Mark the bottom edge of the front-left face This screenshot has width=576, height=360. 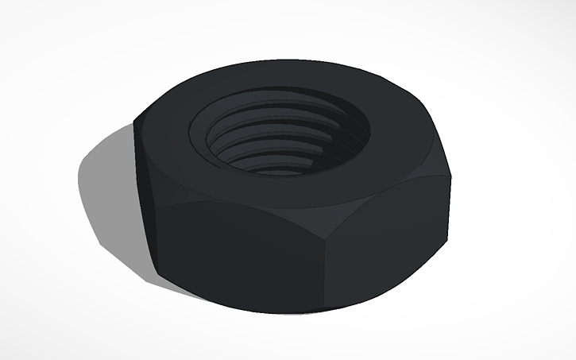238,298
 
